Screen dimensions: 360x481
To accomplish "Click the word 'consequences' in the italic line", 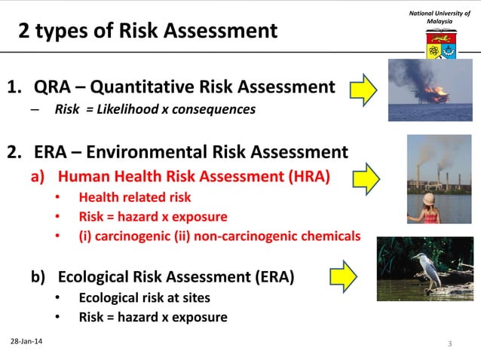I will point(213,109).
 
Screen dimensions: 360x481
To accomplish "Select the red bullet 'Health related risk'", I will point(134,197).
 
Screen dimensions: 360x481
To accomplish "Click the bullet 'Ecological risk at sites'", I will point(144,297).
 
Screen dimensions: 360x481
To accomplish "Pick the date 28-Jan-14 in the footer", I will point(26,343).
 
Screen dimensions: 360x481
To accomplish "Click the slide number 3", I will point(449,344).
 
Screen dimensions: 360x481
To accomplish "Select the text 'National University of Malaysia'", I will point(440,17).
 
